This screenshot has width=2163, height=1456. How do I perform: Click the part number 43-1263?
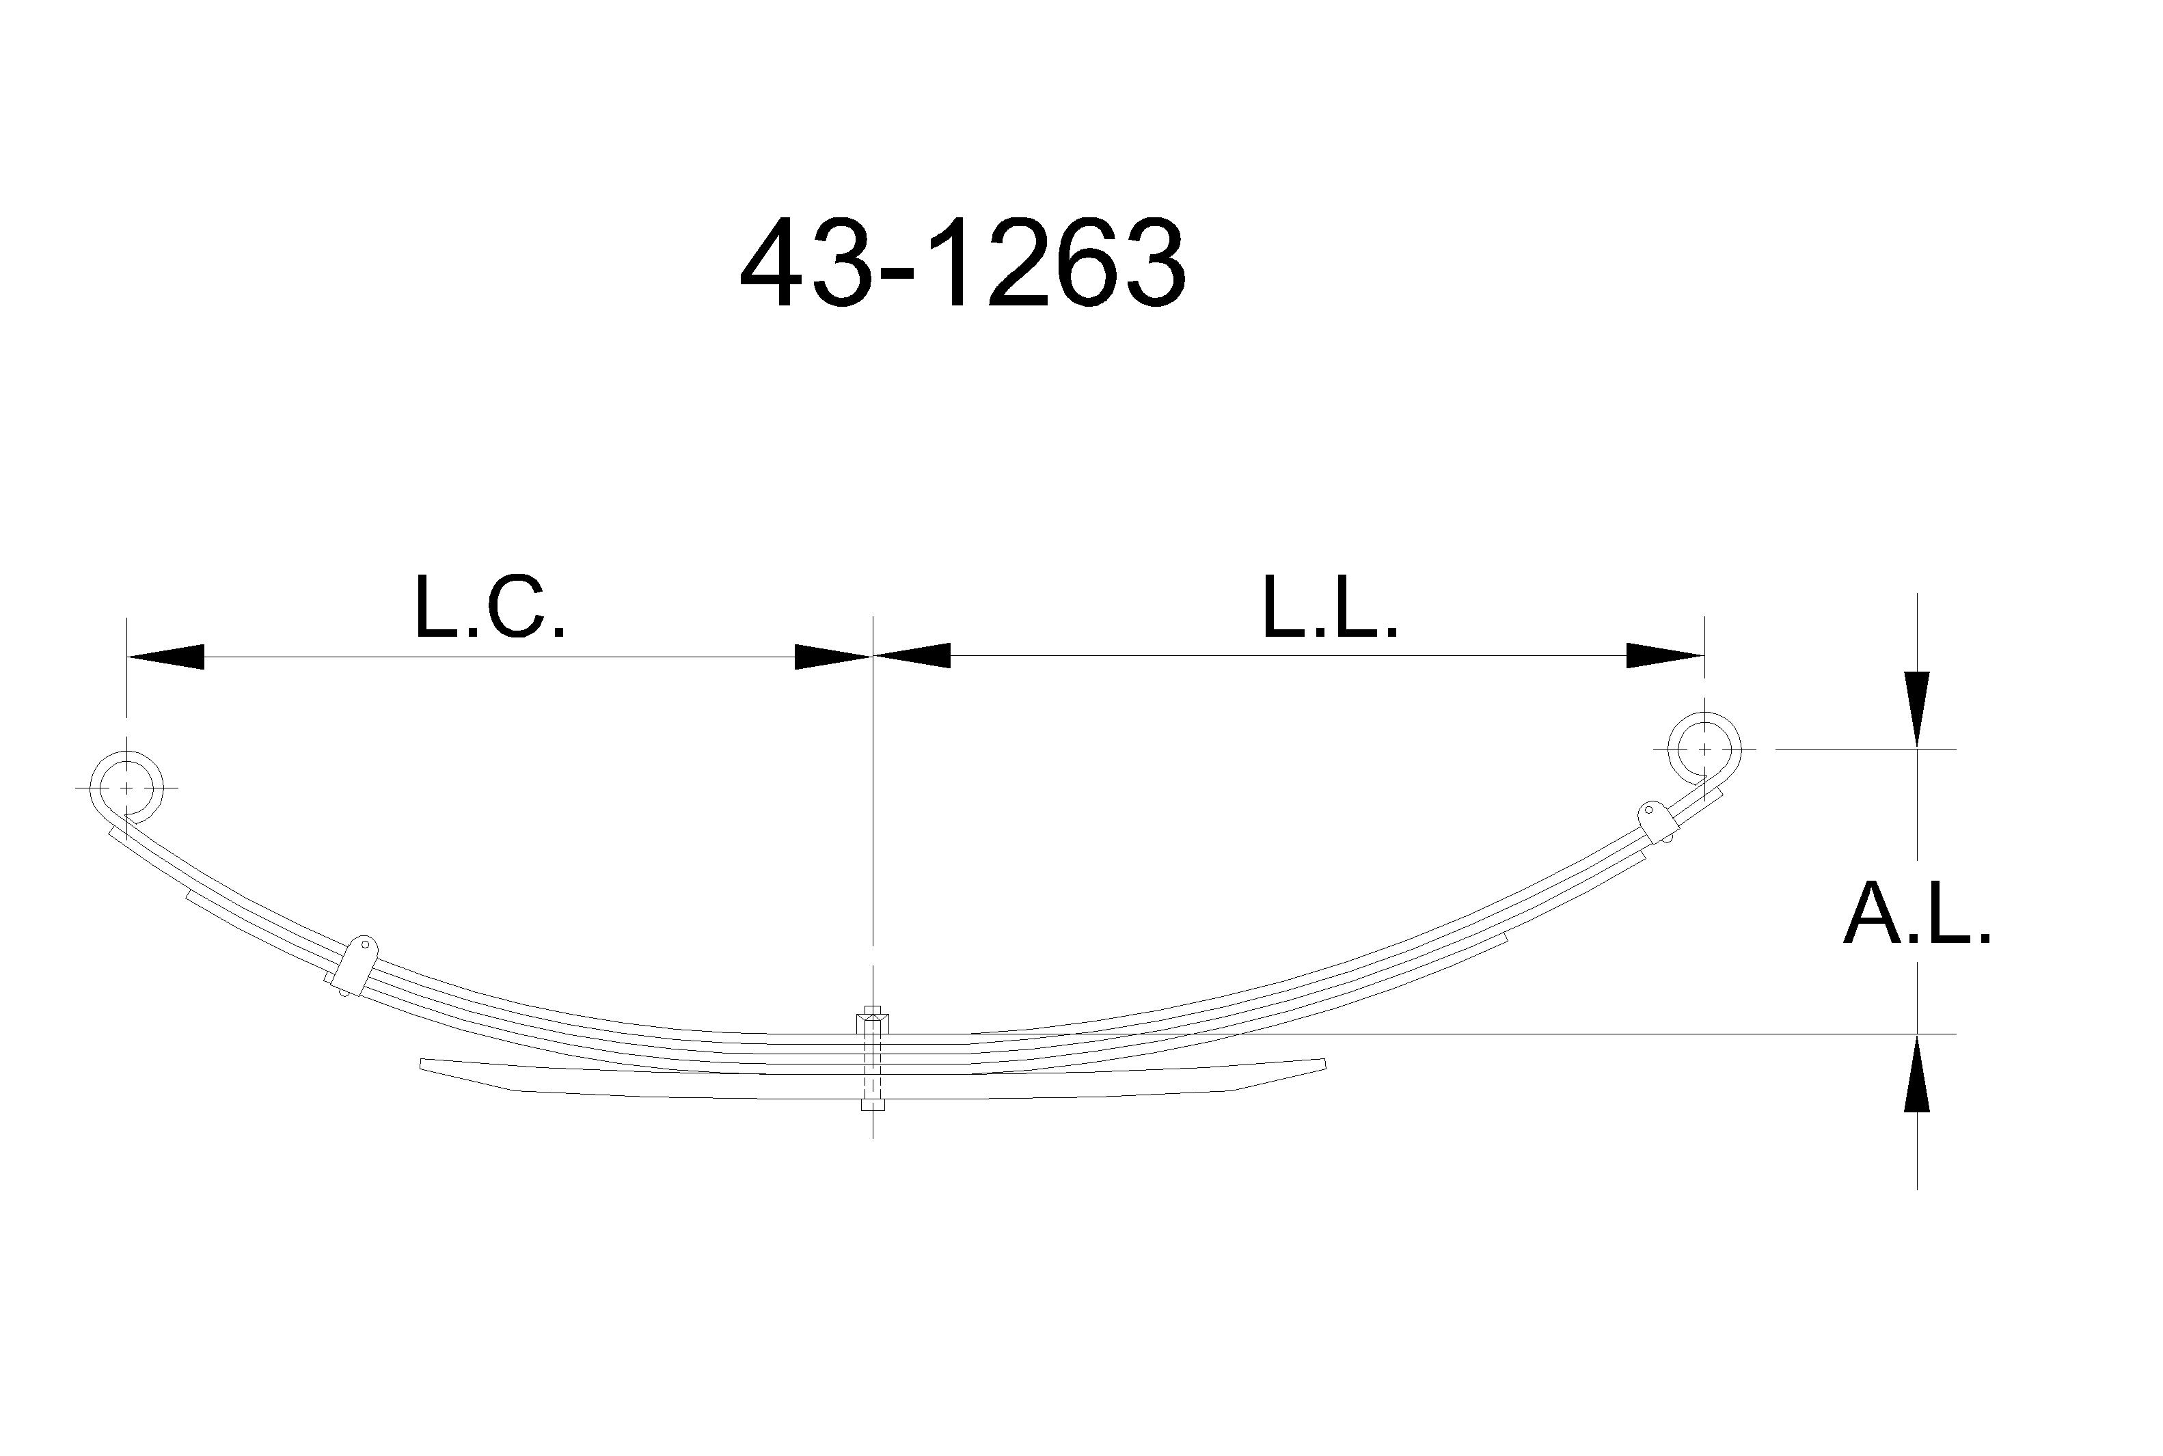(x=963, y=263)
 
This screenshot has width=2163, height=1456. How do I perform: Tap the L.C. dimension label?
(x=489, y=607)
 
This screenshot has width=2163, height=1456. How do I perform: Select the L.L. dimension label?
(x=1330, y=607)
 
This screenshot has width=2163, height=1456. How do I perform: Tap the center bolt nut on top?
(x=872, y=1021)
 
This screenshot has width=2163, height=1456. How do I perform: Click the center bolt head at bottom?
(x=872, y=1105)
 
